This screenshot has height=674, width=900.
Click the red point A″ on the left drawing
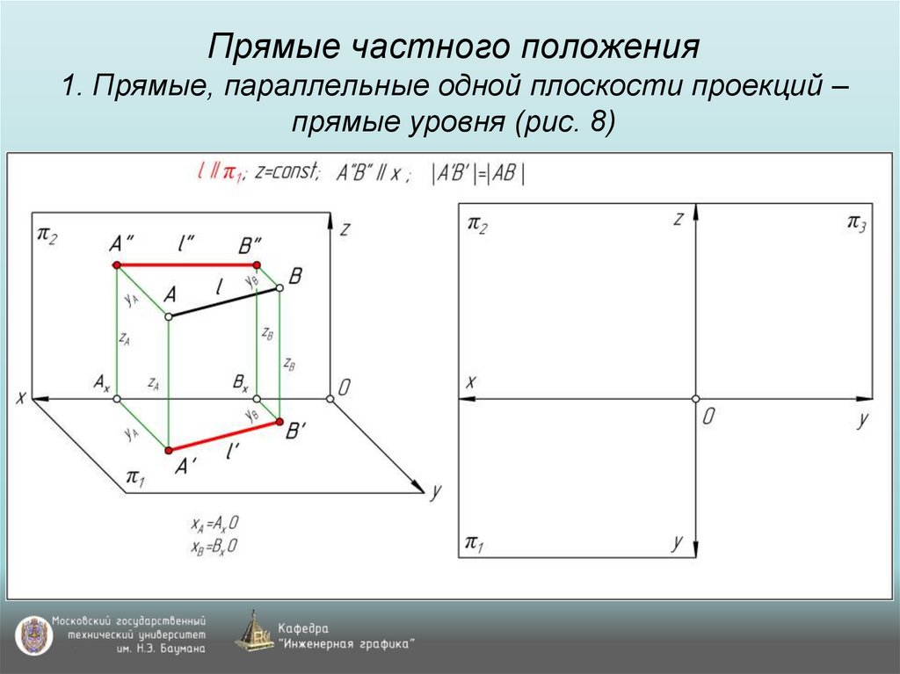click(x=116, y=265)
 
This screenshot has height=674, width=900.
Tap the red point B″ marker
click(x=257, y=265)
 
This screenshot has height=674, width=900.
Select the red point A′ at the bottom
click(x=168, y=450)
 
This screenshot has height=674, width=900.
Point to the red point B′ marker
click(x=279, y=423)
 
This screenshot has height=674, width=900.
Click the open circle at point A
click(x=168, y=315)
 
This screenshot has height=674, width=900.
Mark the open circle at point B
click(x=279, y=287)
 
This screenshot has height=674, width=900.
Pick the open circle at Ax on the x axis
click(x=116, y=399)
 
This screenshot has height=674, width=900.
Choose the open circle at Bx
click(x=257, y=399)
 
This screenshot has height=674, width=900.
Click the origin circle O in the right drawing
click(x=695, y=399)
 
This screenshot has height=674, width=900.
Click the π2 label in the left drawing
click(x=47, y=235)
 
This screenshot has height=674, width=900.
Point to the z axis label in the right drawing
click(x=678, y=220)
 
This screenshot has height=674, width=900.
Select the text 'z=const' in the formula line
click(x=288, y=172)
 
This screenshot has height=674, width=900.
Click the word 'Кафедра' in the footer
click(x=303, y=628)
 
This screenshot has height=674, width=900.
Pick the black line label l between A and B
click(x=220, y=286)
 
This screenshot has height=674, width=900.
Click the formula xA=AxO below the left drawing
click(x=214, y=524)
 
